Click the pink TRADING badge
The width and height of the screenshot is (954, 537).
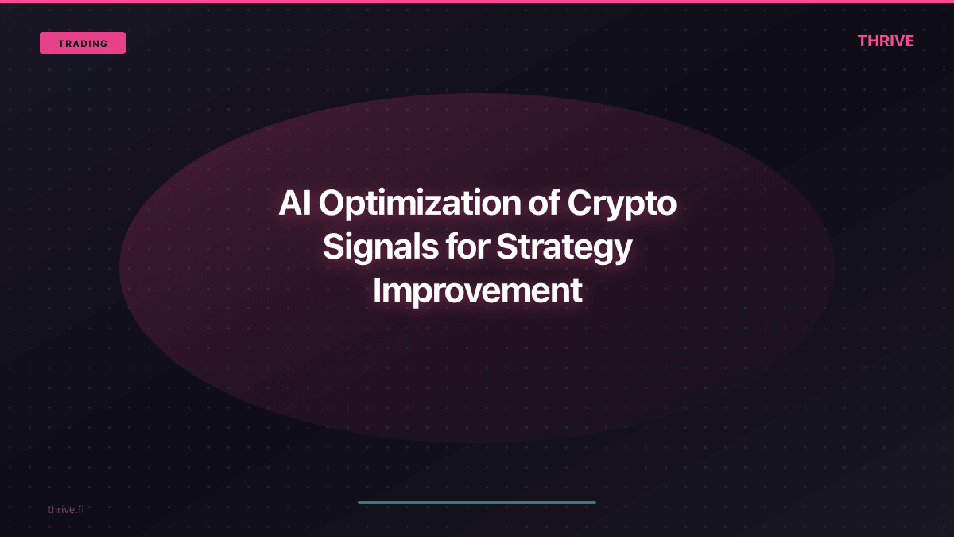(83, 43)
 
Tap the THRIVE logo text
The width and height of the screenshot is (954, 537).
(886, 41)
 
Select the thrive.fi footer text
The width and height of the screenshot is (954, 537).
(65, 509)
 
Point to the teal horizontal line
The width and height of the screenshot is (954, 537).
(477, 502)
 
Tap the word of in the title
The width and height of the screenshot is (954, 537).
(544, 204)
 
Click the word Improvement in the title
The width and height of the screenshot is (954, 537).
(477, 291)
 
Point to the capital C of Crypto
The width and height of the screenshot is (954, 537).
(580, 204)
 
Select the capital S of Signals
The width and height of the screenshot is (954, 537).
(334, 247)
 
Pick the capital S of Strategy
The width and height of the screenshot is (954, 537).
(508, 247)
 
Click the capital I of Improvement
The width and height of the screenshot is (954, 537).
(377, 291)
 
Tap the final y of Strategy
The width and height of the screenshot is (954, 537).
(622, 251)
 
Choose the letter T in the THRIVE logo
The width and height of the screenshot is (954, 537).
(863, 41)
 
